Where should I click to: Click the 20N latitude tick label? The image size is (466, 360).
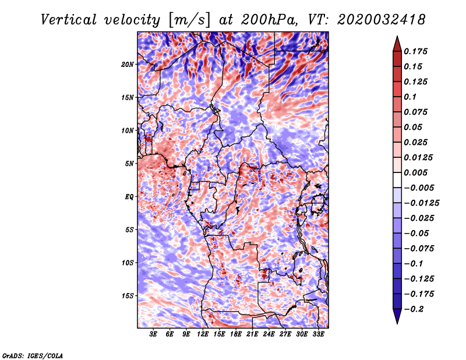click(128, 65)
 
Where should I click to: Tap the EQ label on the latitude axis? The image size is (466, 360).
click(129, 197)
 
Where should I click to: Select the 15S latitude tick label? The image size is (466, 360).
click(128, 296)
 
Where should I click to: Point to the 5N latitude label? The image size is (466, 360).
click(129, 164)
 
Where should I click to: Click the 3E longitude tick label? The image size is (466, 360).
click(153, 334)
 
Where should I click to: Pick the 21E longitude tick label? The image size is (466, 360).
click(252, 334)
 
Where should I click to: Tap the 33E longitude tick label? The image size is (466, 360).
click(318, 334)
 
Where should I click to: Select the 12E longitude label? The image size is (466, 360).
click(203, 334)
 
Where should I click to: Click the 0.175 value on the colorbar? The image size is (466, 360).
click(415, 51)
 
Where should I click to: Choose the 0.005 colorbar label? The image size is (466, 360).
click(415, 172)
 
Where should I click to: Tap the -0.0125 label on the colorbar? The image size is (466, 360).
click(421, 203)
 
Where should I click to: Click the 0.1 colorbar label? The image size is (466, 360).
click(410, 97)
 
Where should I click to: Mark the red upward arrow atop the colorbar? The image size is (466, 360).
click(397, 44)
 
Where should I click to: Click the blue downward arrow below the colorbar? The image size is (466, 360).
click(397, 316)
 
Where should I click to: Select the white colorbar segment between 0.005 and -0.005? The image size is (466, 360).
click(397, 180)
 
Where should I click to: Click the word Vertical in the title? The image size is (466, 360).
click(69, 20)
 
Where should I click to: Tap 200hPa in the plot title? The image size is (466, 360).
click(269, 20)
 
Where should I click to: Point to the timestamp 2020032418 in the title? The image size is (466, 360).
click(382, 20)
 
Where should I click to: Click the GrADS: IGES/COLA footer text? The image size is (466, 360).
click(33, 355)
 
